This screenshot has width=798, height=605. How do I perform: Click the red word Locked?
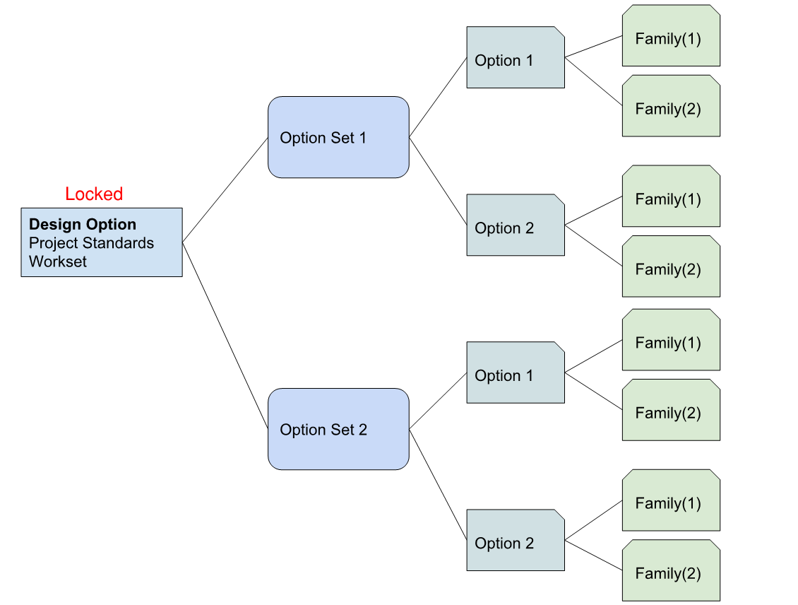click(x=94, y=194)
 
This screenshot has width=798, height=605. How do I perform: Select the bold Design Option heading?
click(x=83, y=225)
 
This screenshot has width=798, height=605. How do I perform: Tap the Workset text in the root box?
click(x=58, y=262)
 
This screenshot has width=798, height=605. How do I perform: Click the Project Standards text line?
click(x=91, y=243)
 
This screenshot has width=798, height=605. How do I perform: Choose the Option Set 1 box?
click(x=338, y=137)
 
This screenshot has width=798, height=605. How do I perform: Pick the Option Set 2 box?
click(x=338, y=429)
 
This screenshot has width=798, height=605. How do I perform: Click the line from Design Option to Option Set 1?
click(x=225, y=189)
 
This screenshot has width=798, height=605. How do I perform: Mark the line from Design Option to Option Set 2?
click(x=225, y=335)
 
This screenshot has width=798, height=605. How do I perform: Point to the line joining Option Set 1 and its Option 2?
click(x=438, y=182)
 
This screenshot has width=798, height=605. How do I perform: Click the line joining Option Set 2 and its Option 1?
click(x=438, y=400)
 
